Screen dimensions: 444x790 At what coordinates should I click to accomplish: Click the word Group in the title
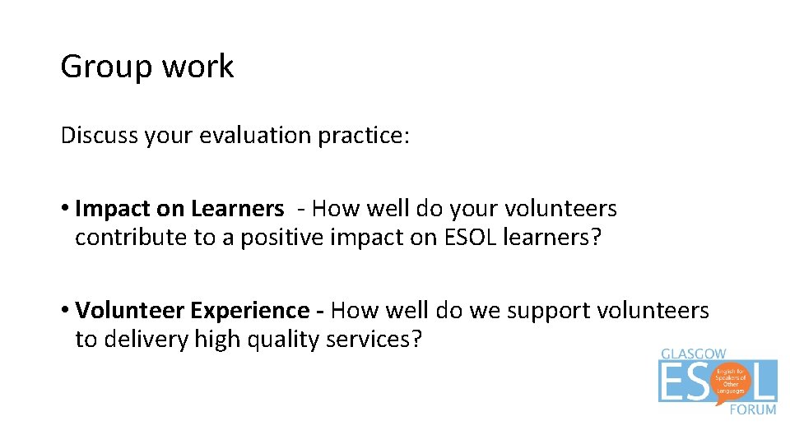(100, 67)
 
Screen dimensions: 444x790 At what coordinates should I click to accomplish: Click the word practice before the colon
(365, 135)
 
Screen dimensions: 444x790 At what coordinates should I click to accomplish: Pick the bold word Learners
(237, 209)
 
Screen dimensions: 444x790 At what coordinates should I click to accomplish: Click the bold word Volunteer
(130, 310)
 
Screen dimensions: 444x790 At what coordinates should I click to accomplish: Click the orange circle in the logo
(730, 382)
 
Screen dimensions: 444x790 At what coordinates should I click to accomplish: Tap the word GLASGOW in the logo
(694, 354)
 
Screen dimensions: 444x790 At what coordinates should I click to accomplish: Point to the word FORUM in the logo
(752, 409)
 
